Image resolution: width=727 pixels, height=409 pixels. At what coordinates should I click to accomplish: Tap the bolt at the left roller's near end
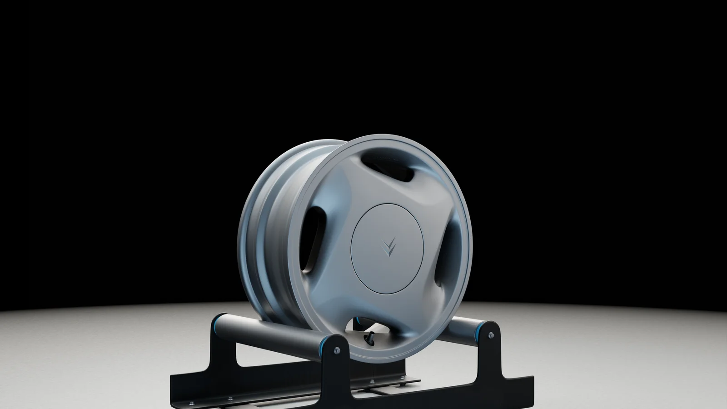pyautogui.click(x=336, y=351)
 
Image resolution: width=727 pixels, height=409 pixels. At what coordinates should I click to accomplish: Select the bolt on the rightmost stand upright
pyautogui.click(x=491, y=335)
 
